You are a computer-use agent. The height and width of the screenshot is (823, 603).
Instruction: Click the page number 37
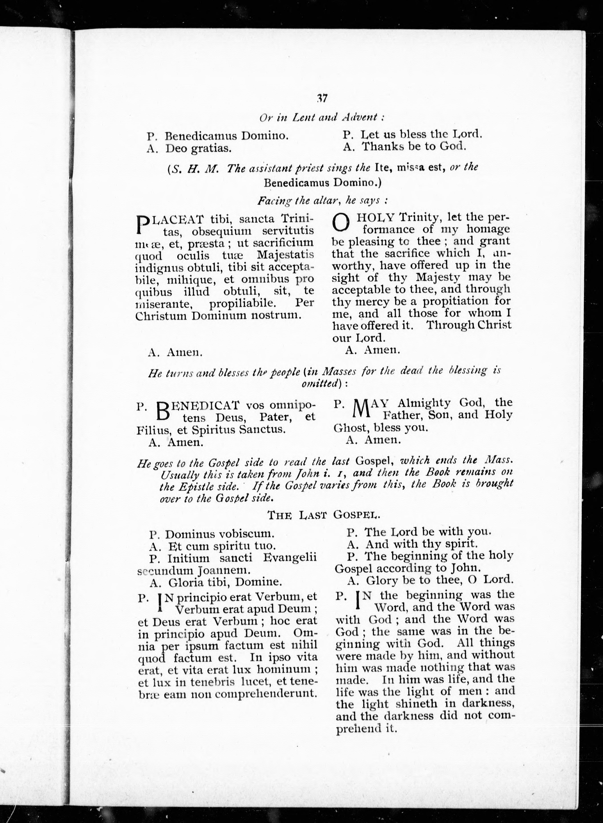click(322, 98)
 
